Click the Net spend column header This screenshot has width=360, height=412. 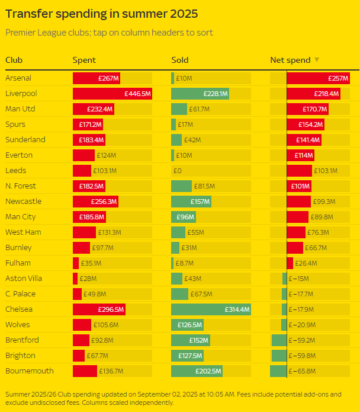point(290,60)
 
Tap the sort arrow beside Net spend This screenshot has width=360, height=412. point(317,60)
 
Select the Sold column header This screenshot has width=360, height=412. point(180,60)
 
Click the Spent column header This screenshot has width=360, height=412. point(84,60)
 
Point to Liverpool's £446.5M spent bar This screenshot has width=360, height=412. point(112,94)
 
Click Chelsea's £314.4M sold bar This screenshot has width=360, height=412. point(211,309)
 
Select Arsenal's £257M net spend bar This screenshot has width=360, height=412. point(318,78)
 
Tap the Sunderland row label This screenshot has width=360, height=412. point(25,140)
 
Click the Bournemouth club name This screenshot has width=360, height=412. point(30,371)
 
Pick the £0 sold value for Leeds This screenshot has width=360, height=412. point(178,171)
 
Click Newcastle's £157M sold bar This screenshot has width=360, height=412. point(191,202)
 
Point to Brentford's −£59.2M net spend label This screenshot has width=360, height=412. point(303,340)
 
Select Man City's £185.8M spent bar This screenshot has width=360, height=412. point(89,217)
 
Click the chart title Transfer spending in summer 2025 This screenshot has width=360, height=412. point(101,14)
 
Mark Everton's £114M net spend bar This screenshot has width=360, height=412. point(300,155)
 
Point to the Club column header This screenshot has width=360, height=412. point(14,60)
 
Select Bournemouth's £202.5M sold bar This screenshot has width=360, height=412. point(197,371)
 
